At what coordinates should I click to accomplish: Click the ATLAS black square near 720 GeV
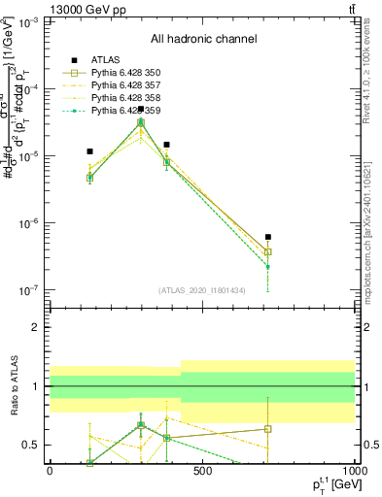267,237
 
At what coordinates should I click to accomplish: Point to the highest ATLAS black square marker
141,110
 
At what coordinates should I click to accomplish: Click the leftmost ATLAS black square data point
89,151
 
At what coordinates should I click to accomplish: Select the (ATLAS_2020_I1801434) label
202,291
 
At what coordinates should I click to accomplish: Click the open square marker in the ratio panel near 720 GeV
267,428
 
